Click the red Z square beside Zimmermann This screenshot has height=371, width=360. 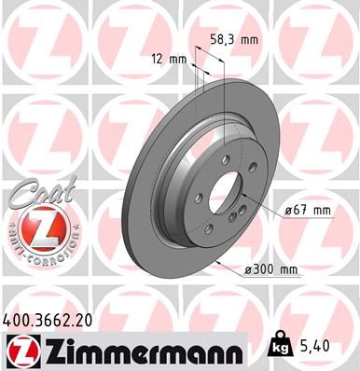tap(22, 348)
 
